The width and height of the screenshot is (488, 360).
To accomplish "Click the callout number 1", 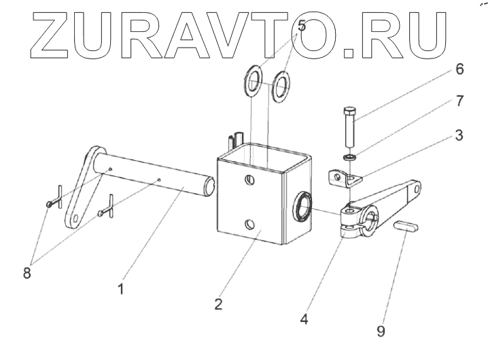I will click(120, 289).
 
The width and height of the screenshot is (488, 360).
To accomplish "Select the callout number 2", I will click(219, 304).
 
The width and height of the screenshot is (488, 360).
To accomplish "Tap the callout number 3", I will click(459, 135).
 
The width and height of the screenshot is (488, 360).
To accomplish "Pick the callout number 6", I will click(459, 69).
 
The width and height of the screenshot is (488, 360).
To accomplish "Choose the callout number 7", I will click(459, 101).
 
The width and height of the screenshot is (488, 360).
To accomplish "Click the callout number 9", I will click(380, 331).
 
